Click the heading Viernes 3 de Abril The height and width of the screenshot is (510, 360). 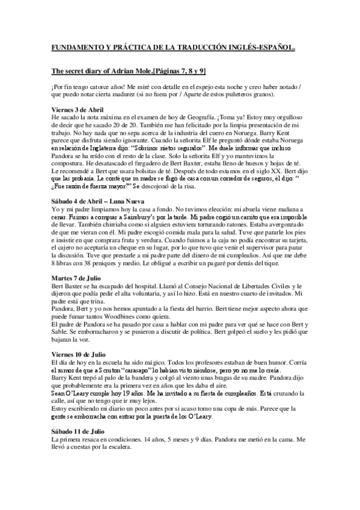click(x=77, y=109)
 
